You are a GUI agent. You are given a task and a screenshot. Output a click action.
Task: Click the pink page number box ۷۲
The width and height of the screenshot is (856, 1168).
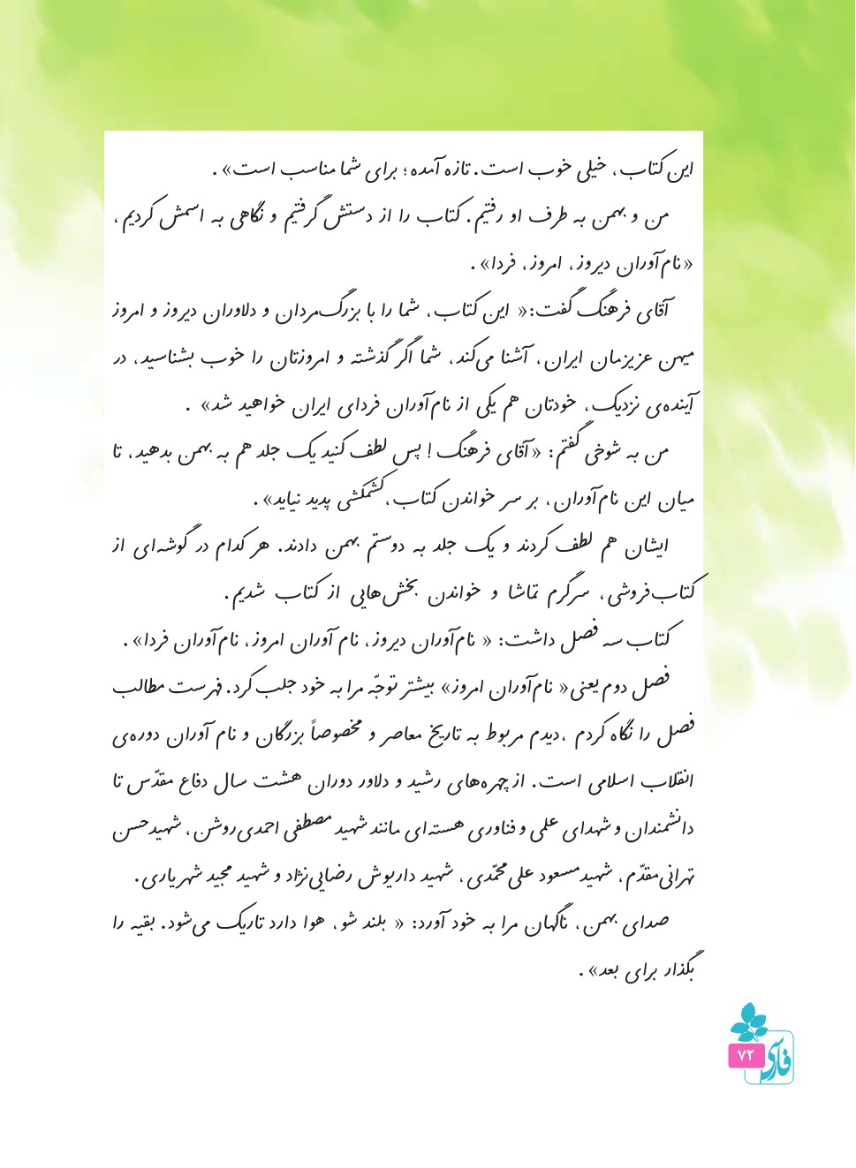click(744, 1055)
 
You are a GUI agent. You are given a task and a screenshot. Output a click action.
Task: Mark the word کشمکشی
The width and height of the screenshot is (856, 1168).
click(367, 499)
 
